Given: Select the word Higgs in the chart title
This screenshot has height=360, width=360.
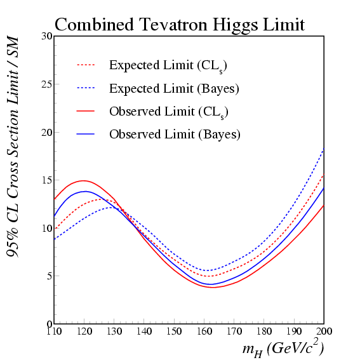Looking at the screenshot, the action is click(x=236, y=26).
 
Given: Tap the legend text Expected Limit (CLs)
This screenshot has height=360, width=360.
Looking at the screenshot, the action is click(x=168, y=67).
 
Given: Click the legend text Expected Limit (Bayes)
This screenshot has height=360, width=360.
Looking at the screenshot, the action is click(x=174, y=89).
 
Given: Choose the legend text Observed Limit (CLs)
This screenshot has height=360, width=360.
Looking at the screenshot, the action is click(x=169, y=112).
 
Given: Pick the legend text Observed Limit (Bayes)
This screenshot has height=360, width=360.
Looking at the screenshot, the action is click(x=175, y=135).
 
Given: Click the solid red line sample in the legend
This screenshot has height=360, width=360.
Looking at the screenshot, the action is click(x=86, y=111).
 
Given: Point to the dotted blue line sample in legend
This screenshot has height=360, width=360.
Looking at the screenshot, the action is click(x=86, y=88).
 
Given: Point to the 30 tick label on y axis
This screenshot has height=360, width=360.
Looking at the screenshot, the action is click(x=46, y=36).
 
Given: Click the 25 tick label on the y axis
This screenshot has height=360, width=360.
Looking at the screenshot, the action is click(x=46, y=84).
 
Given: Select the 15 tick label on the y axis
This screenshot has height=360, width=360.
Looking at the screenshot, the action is click(x=46, y=180).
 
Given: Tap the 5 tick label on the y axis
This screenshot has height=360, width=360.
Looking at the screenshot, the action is click(x=50, y=276).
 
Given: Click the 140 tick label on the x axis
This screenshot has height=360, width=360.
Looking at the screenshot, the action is click(x=144, y=331).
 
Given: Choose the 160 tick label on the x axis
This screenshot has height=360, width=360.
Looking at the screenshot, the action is click(x=204, y=331).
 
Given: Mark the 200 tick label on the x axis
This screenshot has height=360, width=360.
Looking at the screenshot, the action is click(x=324, y=331).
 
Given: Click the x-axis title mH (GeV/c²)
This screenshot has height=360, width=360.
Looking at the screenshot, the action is click(x=283, y=349).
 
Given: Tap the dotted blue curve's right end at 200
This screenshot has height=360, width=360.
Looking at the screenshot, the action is click(x=324, y=149).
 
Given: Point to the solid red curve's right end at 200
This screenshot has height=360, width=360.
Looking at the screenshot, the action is click(x=324, y=205).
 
